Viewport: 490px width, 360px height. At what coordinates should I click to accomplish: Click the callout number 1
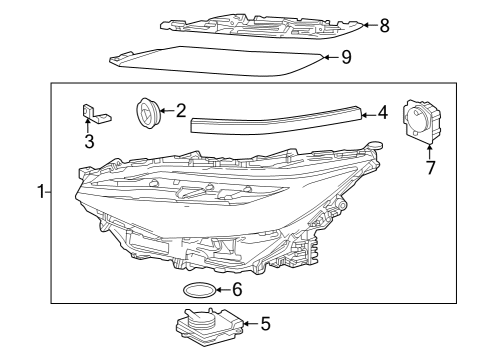(x=41, y=192)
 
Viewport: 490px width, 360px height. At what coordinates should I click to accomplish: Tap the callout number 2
(x=181, y=110)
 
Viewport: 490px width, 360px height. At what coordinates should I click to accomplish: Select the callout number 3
(x=89, y=142)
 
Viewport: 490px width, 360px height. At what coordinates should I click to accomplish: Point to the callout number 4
(x=382, y=115)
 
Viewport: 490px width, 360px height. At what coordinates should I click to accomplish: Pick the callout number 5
(x=265, y=323)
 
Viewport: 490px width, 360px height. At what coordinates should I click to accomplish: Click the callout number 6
(x=236, y=290)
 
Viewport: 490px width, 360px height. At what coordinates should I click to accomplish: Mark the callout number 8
(x=386, y=25)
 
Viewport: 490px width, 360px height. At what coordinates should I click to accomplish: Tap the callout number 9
(x=346, y=58)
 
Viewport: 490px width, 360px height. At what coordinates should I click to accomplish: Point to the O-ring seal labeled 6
(x=198, y=291)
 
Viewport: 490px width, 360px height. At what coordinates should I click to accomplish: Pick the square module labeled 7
(x=418, y=122)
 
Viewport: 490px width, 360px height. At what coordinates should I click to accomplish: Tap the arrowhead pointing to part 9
(x=326, y=58)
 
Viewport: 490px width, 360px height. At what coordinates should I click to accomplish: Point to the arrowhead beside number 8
(x=367, y=25)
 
